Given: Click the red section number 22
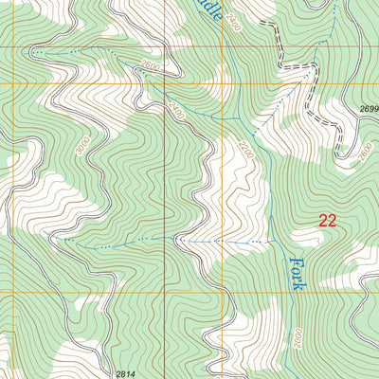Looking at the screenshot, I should tap(328, 221).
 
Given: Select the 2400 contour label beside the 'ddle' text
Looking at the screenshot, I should tap(233, 23).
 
